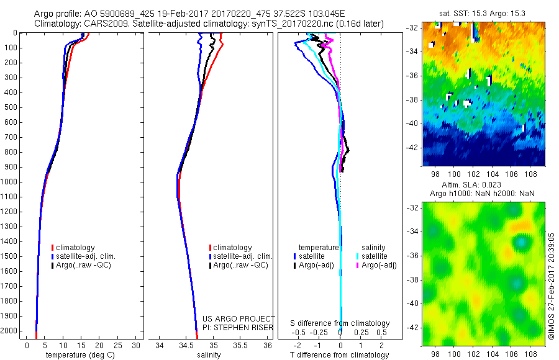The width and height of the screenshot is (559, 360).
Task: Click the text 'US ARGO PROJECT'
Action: click(238, 318)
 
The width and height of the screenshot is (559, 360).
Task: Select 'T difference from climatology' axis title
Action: click(339, 355)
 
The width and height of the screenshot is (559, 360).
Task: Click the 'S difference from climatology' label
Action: click(340, 323)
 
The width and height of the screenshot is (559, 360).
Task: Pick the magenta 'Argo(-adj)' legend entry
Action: click(379, 265)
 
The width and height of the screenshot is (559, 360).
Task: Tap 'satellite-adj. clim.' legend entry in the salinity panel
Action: click(242, 256)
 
